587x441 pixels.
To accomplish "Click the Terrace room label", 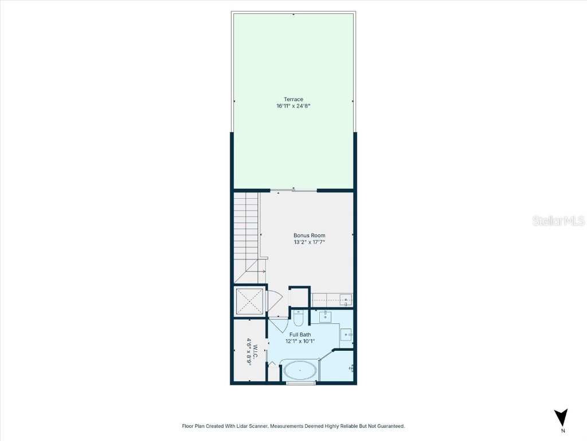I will [293, 99].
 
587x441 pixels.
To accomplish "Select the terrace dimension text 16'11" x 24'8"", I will [293, 106].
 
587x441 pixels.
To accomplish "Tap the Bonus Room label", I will [309, 235].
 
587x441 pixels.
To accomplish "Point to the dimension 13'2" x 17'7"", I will [309, 242].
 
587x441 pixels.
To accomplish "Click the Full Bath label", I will [300, 334].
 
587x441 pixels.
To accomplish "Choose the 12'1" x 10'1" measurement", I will [300, 341].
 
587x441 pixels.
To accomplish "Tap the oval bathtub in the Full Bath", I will [300, 371].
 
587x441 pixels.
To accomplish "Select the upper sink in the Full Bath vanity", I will [325, 316].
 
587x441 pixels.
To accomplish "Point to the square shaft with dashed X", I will [249, 301].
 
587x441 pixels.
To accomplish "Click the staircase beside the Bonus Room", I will [246, 230].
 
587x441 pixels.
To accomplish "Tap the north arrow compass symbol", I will [562, 417].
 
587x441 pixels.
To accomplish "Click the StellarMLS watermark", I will [558, 221].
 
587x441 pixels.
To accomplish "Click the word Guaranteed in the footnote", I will [389, 426].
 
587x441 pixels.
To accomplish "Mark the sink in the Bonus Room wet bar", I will [345, 300].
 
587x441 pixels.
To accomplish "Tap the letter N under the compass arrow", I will [563, 431].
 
